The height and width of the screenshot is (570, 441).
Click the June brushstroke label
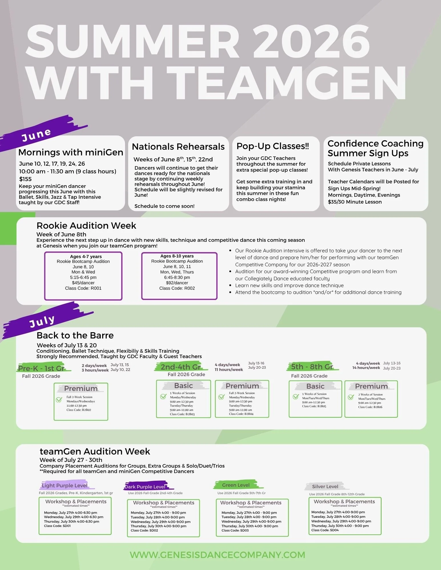click(x=37, y=135)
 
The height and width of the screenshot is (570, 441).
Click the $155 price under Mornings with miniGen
click(x=25, y=179)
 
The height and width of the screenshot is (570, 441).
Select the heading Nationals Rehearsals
click(x=178, y=147)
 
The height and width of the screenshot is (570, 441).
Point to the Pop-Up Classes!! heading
click(x=273, y=146)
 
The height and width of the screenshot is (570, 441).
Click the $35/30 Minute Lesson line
click(x=355, y=202)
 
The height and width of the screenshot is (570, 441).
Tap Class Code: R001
click(x=83, y=288)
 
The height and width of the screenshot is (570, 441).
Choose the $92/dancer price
click(x=177, y=283)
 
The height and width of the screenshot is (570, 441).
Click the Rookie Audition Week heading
click(x=86, y=226)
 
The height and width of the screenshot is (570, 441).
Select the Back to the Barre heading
click(x=75, y=335)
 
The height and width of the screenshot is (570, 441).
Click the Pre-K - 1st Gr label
click(x=41, y=368)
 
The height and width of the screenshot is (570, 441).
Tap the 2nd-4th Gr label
click(x=180, y=367)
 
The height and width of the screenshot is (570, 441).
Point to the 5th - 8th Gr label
click(x=312, y=367)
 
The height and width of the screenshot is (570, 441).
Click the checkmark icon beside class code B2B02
click(x=59, y=400)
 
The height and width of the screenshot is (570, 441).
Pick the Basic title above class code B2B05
click(x=315, y=386)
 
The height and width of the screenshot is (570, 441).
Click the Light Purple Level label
click(x=65, y=486)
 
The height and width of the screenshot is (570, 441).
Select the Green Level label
click(x=236, y=485)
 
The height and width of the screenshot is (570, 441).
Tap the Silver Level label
click(x=325, y=486)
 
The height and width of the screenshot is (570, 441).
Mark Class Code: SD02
click(x=144, y=530)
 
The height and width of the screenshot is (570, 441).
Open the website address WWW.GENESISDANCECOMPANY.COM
click(x=218, y=555)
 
